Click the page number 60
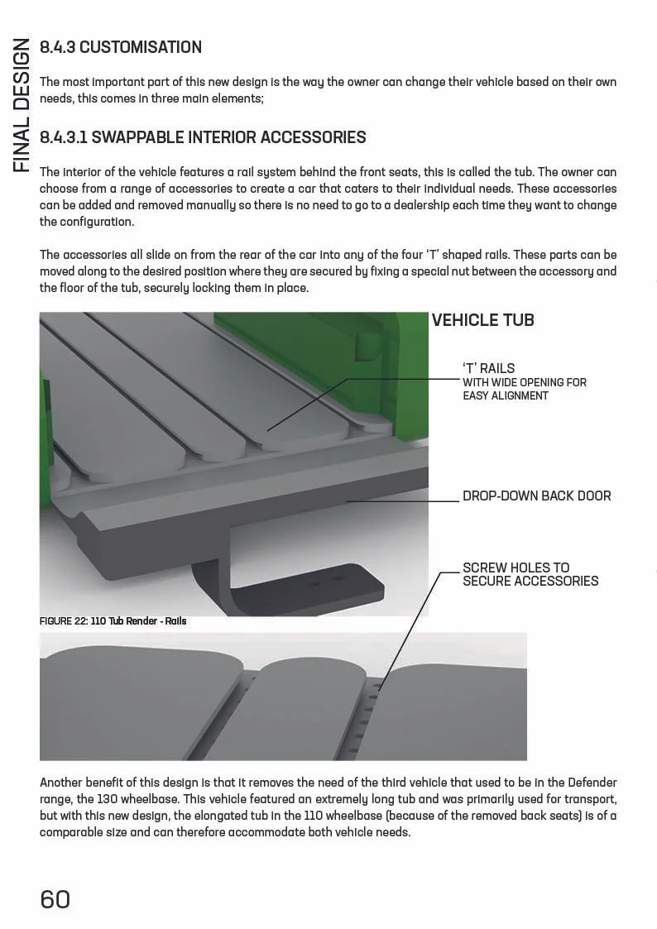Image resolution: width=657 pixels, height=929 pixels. point(55,899)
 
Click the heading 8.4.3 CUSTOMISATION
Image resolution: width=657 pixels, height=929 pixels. point(121,47)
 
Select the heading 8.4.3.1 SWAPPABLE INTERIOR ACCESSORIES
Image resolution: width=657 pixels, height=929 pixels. point(203,137)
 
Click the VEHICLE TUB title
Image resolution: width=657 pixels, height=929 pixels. point(482,320)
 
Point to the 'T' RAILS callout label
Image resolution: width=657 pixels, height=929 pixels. point(488,368)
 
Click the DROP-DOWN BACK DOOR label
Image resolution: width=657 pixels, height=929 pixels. point(536,496)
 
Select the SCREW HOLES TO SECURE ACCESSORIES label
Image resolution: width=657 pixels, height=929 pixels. point(530,574)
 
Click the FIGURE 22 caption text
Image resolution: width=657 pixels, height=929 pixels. point(113,620)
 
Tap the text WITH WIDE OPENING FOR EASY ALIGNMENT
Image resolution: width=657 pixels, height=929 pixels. point(524,389)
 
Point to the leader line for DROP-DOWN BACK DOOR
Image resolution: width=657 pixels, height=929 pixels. point(403,501)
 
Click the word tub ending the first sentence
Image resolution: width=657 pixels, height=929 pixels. point(542,172)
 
